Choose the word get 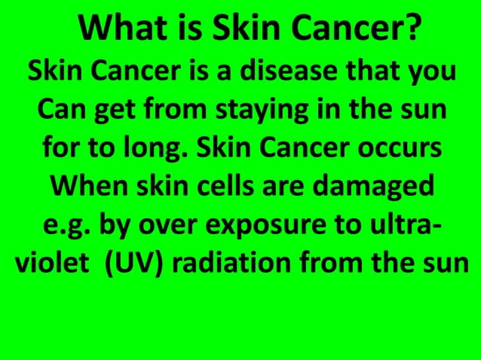115,113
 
